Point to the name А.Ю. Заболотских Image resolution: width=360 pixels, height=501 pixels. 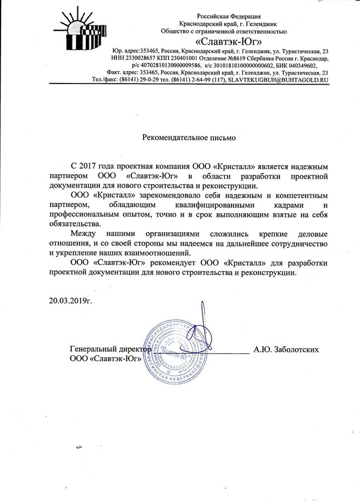[285, 350]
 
